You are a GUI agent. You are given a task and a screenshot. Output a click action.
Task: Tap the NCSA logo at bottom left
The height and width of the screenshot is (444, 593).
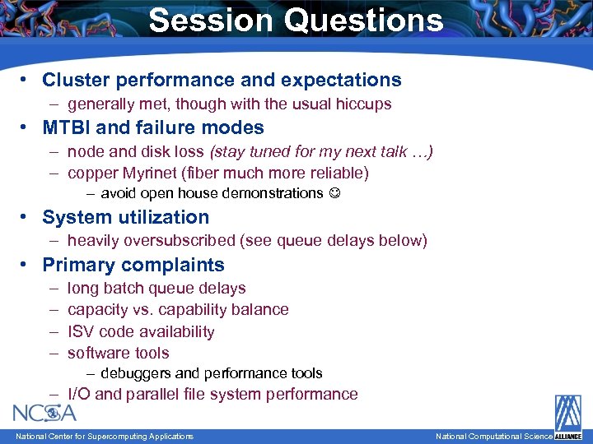(44, 412)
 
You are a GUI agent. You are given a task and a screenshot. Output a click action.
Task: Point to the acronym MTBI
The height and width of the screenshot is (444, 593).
(67, 127)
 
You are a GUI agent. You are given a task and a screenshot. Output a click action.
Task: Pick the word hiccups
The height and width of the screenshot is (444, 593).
(364, 104)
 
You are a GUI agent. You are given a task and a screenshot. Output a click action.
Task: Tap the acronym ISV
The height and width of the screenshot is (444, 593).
(81, 332)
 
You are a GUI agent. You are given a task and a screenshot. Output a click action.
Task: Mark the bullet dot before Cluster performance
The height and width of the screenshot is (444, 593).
(26, 80)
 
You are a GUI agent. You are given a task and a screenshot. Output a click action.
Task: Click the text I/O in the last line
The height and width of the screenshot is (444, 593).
(79, 395)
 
